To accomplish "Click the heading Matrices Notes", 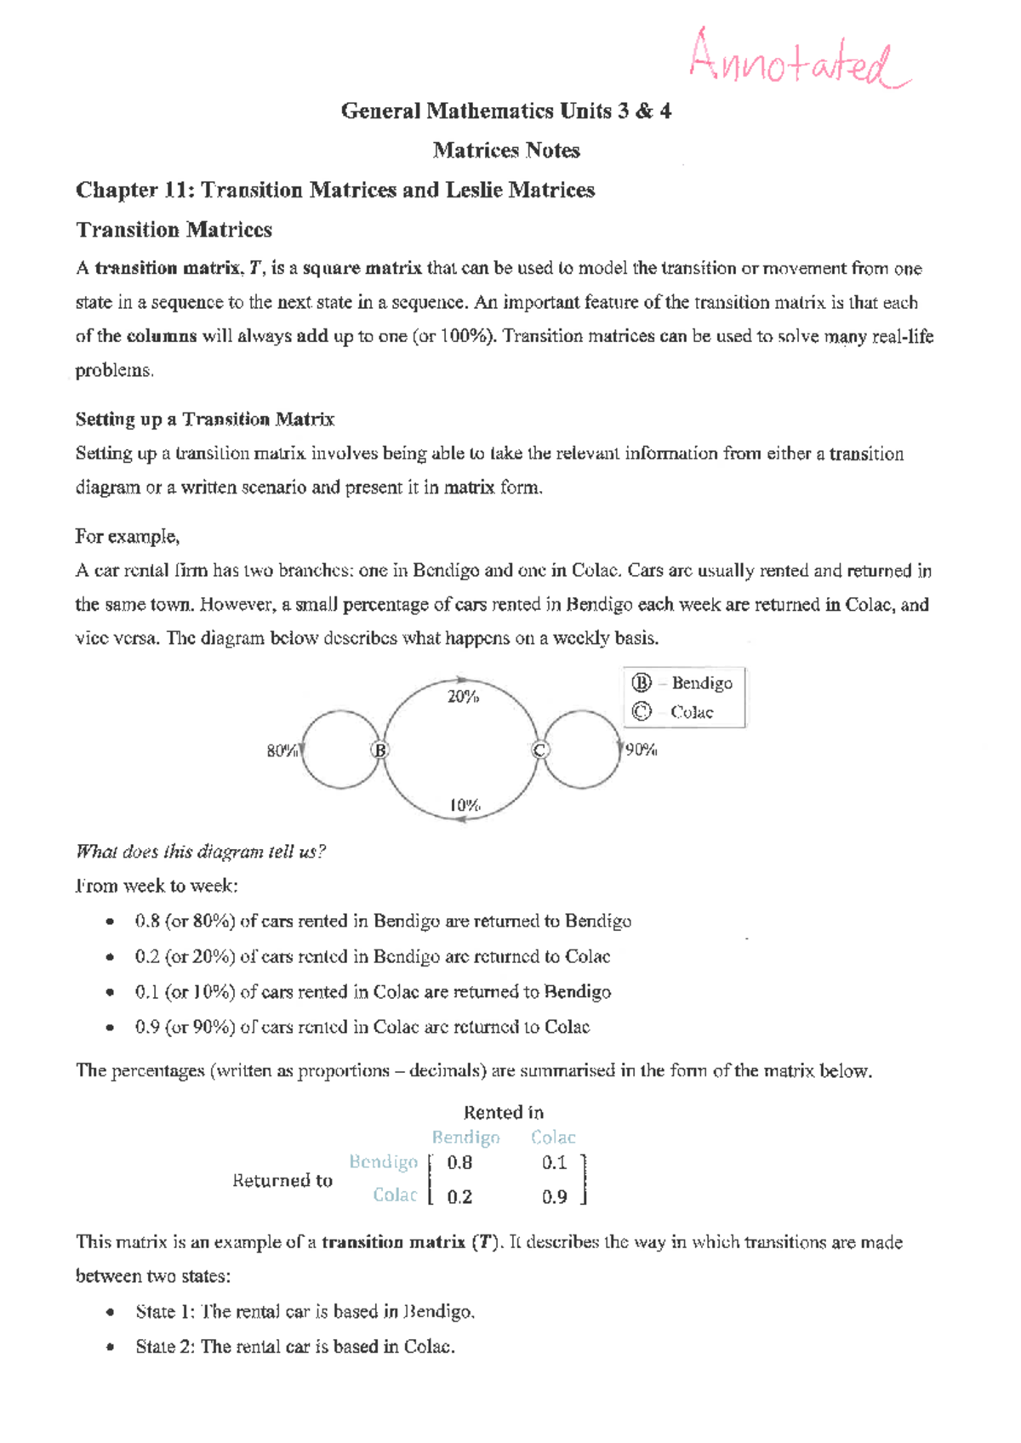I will [506, 151].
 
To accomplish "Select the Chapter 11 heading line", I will [335, 190].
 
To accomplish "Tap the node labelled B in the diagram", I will [379, 750].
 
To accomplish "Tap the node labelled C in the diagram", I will [539, 750].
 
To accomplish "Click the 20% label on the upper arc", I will [463, 697].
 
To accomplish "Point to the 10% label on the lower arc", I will [465, 804].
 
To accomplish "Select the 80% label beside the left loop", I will [282, 750].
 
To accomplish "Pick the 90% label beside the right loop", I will [641, 750].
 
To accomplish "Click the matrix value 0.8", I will [459, 1162].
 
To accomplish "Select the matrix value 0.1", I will [554, 1162].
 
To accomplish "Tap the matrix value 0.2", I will [459, 1196].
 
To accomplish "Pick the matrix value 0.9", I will [554, 1196].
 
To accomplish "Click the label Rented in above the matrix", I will [504, 1112].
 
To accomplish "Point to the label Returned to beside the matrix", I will [282, 1180].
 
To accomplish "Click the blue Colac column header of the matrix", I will [553, 1137].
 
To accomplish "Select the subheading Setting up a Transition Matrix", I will [205, 419].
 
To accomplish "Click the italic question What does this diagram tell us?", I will [201, 852].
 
